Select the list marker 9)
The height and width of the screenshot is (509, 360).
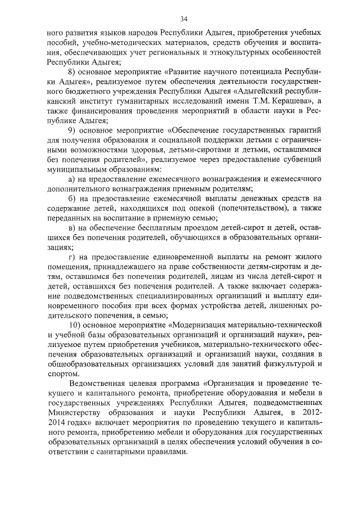click(72, 131)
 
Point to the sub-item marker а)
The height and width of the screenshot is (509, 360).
click(72, 178)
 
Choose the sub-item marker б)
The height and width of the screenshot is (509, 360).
click(72, 198)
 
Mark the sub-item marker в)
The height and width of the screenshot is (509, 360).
click(71, 227)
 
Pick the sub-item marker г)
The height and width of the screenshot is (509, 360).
click(71, 256)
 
